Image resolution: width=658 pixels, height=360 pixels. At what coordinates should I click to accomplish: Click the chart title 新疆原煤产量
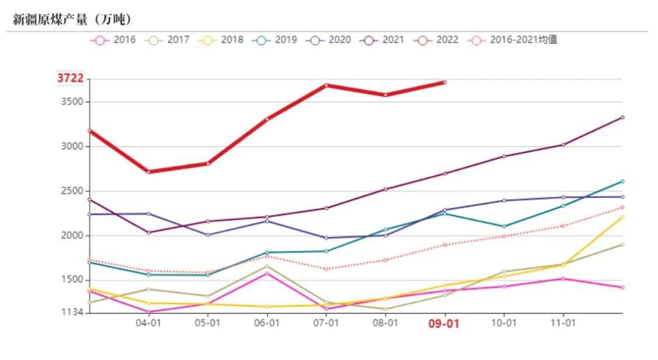point(73,19)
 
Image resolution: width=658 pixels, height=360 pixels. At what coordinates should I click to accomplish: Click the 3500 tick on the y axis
point(72,102)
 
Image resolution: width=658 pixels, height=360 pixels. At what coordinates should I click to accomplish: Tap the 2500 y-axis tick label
point(72,191)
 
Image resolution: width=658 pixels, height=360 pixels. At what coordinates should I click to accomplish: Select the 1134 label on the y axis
point(72,312)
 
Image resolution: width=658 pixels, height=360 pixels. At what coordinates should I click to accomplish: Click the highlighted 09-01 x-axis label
point(444,324)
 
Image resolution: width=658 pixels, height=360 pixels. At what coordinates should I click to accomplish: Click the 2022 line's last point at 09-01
point(445,82)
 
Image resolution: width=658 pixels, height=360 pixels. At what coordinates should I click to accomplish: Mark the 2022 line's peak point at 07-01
point(327,85)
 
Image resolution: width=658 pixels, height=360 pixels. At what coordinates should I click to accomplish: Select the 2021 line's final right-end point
point(622,117)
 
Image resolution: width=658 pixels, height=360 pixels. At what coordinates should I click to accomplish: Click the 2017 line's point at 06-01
point(267,266)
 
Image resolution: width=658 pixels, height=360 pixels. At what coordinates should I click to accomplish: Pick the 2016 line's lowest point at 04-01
point(149,312)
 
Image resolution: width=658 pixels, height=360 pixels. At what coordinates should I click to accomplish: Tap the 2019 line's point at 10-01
point(504,227)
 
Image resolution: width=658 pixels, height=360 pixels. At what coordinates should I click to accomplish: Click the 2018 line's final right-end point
point(622,217)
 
